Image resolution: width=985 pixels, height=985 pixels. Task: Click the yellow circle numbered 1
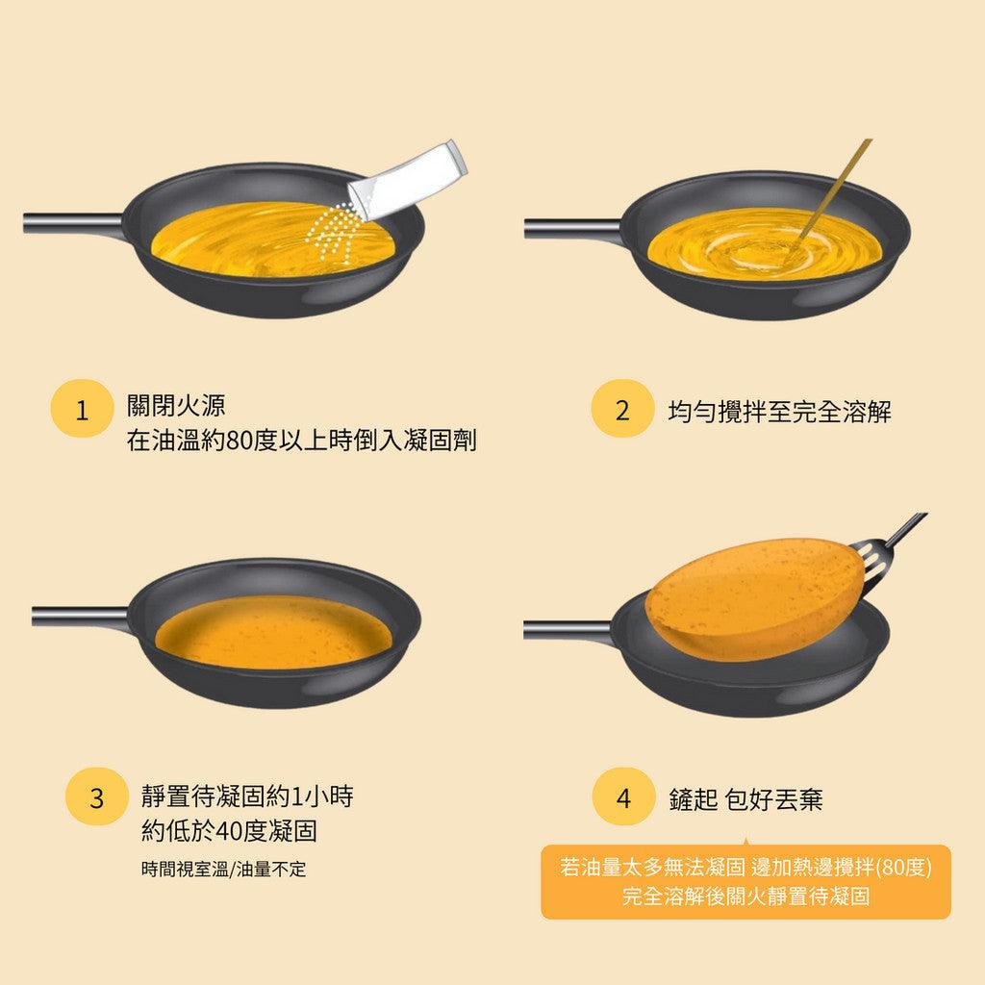tap(82, 412)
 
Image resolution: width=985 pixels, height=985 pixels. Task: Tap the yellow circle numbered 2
tap(621, 412)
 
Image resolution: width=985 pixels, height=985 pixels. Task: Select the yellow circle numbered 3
tap(96, 798)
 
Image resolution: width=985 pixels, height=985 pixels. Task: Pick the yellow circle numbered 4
tap(623, 798)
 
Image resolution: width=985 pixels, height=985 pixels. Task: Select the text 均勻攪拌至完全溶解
tap(780, 413)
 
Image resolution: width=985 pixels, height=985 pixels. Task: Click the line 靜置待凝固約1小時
tap(252, 796)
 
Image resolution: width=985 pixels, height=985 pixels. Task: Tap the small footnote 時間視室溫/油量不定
tap(223, 869)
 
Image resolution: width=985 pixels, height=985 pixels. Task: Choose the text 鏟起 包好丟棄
tap(745, 799)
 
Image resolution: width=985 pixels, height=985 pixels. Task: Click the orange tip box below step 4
tap(745, 882)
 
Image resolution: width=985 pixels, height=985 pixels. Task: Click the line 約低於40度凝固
tap(229, 830)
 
